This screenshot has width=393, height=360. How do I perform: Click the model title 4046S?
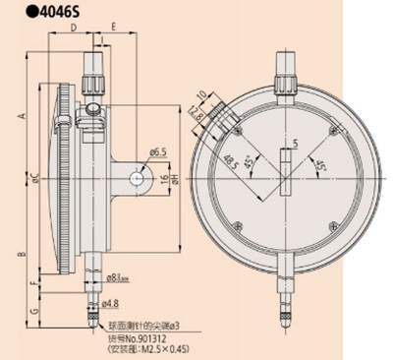coord(45,14)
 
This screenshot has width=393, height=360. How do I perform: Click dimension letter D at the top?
coord(76,28)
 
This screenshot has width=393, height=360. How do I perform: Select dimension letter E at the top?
coord(114,28)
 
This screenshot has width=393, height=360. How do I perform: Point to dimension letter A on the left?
coord(21,116)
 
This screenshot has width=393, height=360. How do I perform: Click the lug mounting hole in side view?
coord(135,178)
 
